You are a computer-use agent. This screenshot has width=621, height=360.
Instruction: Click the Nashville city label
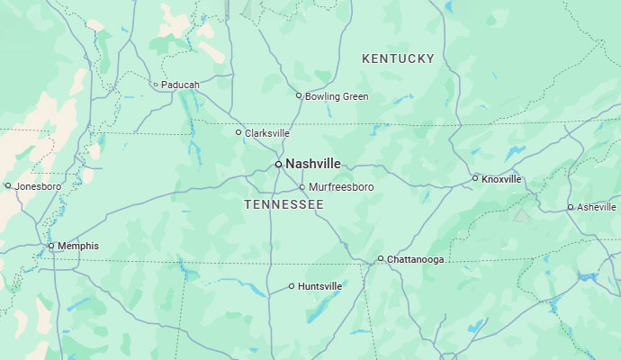point(313,164)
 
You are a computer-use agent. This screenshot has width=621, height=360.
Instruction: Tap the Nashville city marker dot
point(279,164)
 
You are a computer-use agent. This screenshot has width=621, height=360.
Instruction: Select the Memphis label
point(78,246)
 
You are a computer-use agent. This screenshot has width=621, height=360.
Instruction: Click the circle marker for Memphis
point(51,246)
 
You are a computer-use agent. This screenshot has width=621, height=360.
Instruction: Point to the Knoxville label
point(501,179)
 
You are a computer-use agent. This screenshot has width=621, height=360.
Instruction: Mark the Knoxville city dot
point(475,178)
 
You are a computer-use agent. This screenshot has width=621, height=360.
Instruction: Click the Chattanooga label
point(415,259)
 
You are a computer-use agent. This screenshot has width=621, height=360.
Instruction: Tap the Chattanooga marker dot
point(381,258)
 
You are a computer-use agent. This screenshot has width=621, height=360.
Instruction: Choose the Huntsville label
point(319,286)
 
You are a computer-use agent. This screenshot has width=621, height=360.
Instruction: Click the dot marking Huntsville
point(292,286)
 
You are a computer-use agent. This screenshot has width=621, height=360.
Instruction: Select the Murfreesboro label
point(341,187)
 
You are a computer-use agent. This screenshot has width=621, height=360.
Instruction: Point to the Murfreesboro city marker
point(302,187)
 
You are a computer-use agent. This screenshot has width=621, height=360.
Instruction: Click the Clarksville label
point(267,133)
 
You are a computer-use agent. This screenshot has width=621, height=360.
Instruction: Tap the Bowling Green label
point(337,96)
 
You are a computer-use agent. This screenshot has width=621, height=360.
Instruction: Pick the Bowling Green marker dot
point(300,95)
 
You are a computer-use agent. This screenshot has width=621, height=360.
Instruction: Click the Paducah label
point(181,85)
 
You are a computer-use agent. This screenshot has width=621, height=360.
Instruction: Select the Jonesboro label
point(38,186)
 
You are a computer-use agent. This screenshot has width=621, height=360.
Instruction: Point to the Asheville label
point(597,207)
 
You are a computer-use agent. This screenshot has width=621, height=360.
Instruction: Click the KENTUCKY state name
point(398,58)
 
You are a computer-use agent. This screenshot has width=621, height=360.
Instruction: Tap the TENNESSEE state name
point(283,205)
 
